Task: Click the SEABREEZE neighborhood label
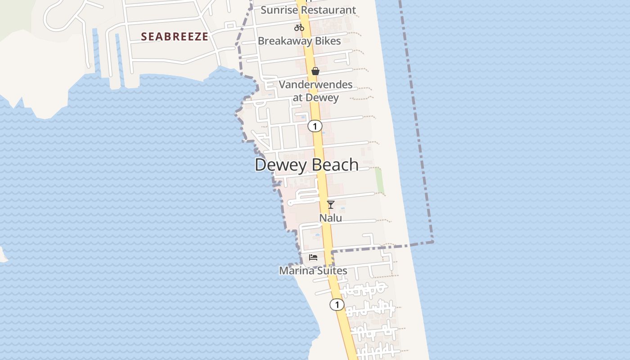click(x=175, y=36)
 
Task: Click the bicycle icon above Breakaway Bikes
click(x=299, y=27)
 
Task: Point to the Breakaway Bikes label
click(x=299, y=41)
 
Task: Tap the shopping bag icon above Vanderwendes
click(x=315, y=71)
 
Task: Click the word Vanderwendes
click(x=315, y=84)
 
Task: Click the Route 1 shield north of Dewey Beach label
click(x=315, y=126)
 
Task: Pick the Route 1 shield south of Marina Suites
click(x=337, y=305)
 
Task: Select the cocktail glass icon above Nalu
click(x=331, y=205)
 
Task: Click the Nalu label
click(x=331, y=218)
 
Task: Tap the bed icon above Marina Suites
click(x=313, y=257)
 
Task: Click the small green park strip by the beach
click(x=379, y=180)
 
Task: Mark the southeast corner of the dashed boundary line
click(x=432, y=242)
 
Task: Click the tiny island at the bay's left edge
click(x=2, y=255)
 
